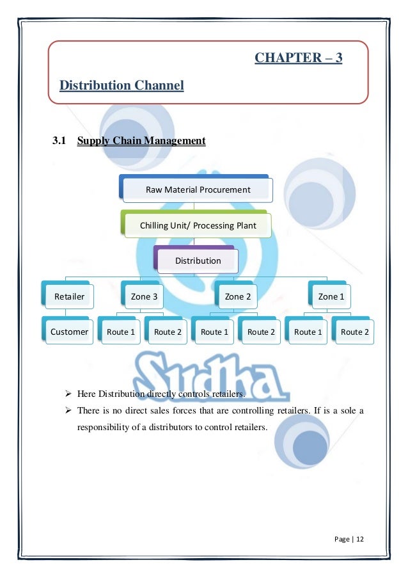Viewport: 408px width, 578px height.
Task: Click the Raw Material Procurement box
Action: click(x=198, y=189)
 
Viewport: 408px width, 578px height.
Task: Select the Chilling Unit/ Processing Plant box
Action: click(x=198, y=225)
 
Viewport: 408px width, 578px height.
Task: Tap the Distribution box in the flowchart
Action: click(x=198, y=261)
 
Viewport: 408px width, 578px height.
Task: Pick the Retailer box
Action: click(x=69, y=296)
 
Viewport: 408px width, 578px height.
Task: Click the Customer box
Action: click(x=69, y=332)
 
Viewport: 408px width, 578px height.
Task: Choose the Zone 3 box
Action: click(x=144, y=296)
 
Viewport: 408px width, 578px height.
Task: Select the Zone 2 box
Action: click(x=238, y=296)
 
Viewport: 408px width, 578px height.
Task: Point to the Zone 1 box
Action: click(x=331, y=296)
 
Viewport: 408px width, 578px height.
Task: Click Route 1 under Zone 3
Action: click(x=121, y=332)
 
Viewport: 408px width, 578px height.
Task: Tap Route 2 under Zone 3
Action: click(x=168, y=332)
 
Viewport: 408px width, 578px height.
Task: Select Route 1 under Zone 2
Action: click(x=214, y=332)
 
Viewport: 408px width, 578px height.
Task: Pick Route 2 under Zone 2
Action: click(x=261, y=332)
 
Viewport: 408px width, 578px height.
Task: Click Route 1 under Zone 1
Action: click(x=308, y=332)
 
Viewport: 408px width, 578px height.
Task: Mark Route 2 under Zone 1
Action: click(x=354, y=332)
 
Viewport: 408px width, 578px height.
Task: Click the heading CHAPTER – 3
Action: click(x=298, y=58)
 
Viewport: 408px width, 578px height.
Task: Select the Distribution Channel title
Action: click(x=122, y=85)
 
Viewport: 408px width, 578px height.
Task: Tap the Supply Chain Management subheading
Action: click(x=141, y=141)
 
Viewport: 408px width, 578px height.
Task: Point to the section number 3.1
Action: click(x=59, y=141)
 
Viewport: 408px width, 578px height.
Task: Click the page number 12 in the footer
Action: click(x=360, y=539)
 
